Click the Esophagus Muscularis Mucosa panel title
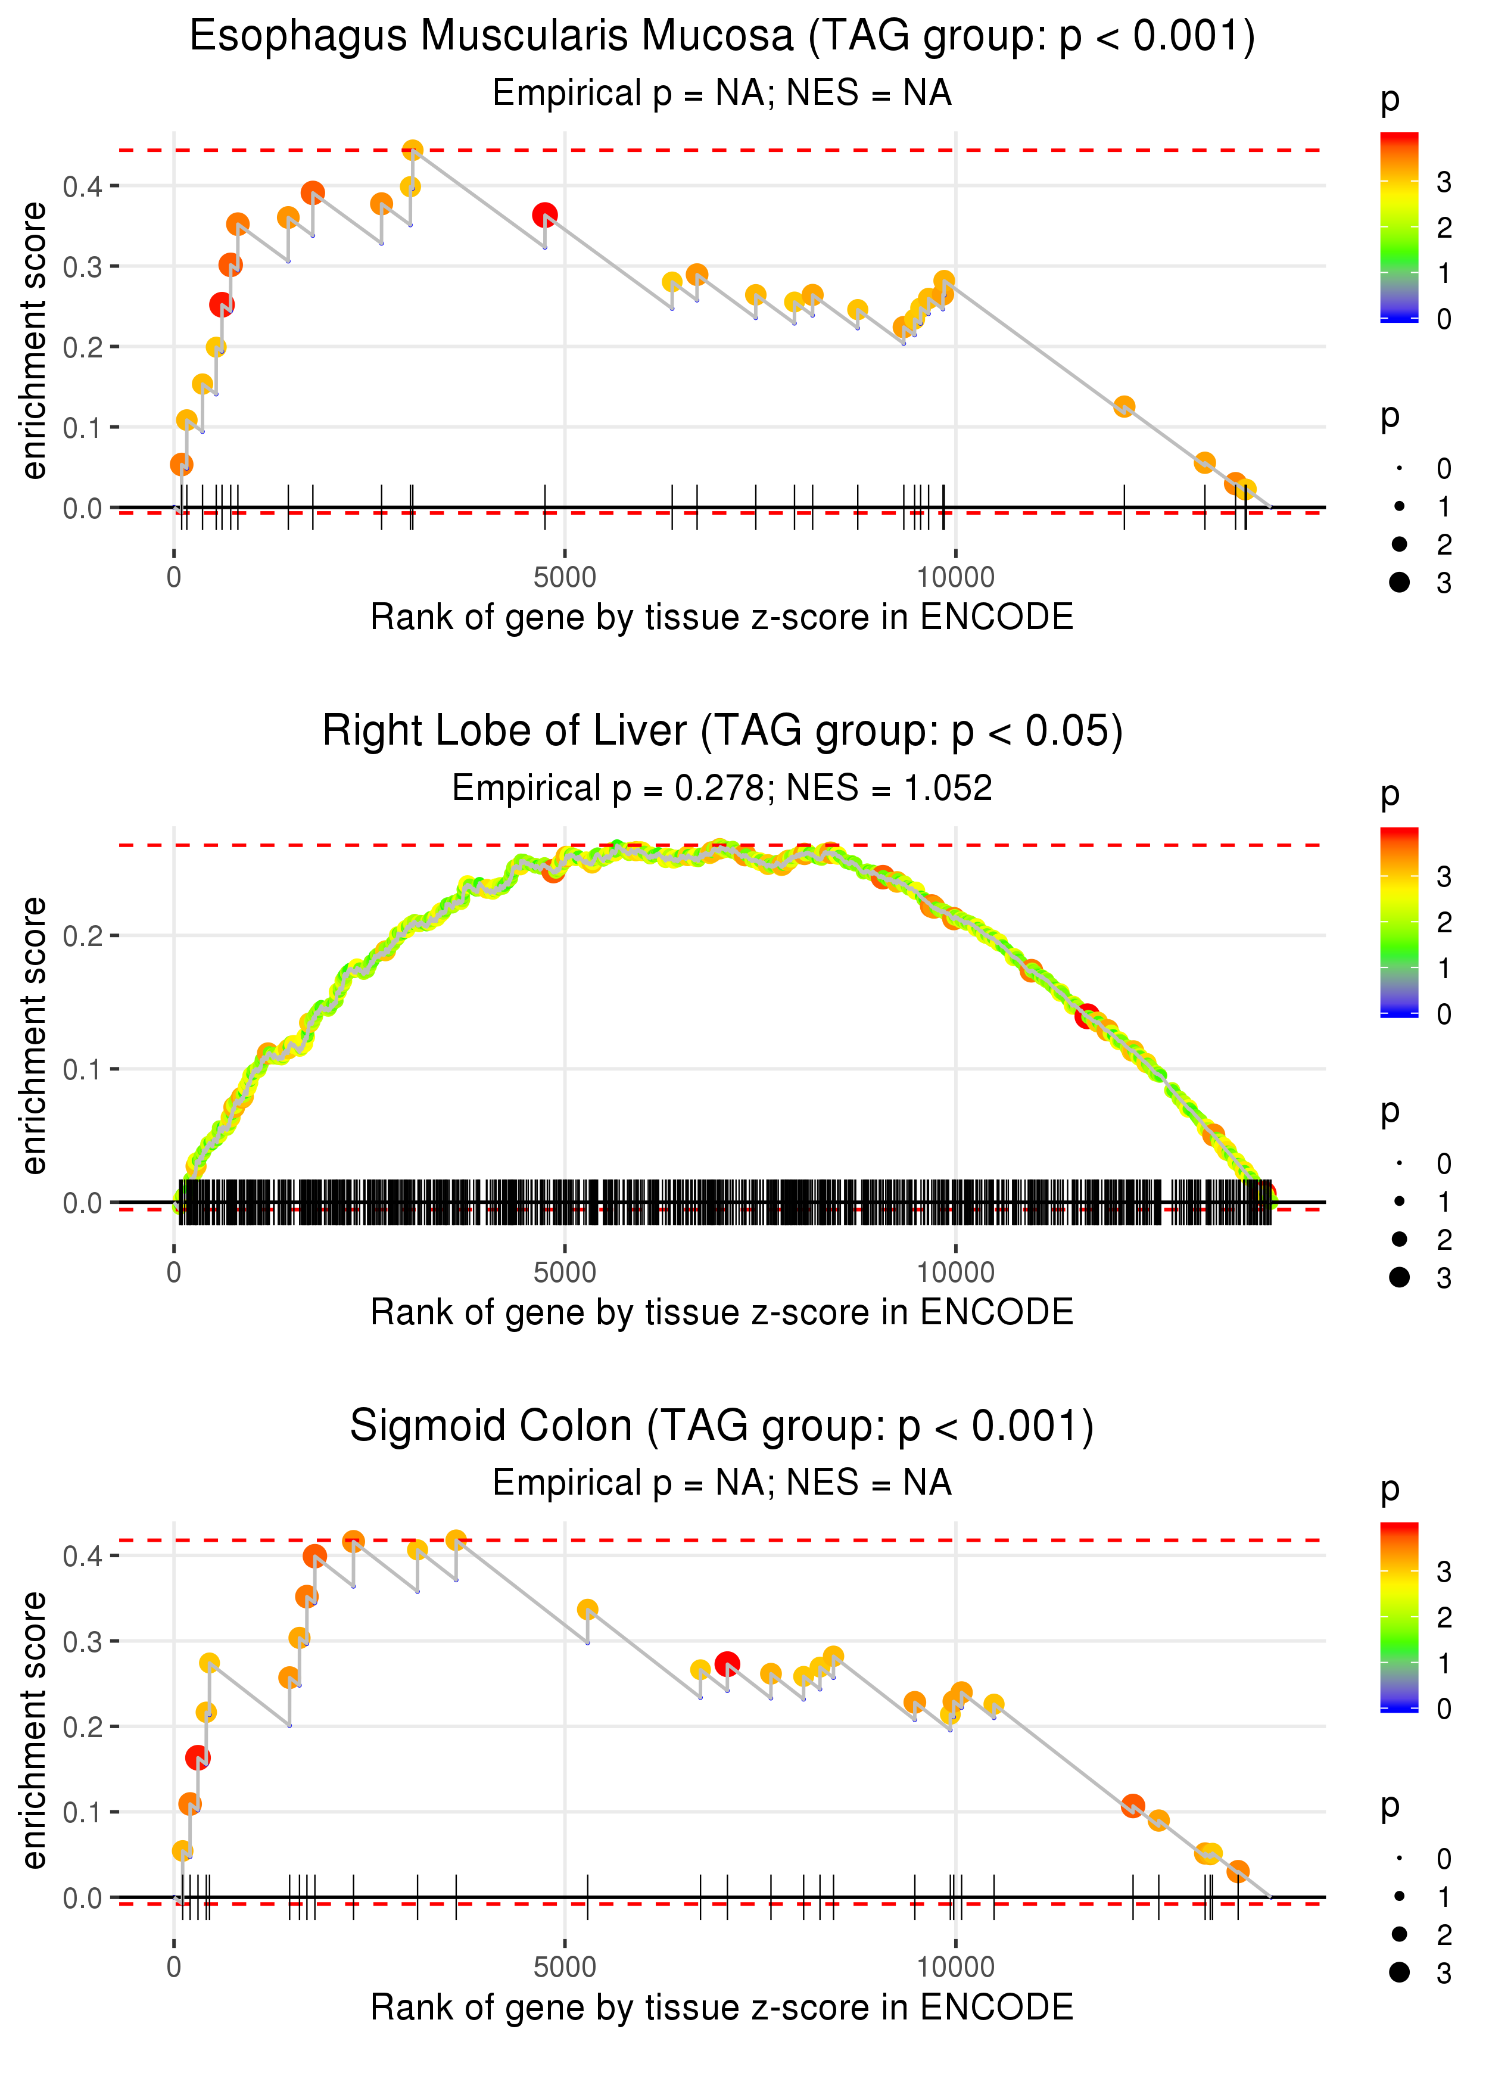(722, 37)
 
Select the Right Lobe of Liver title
(722, 732)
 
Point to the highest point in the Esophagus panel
(413, 150)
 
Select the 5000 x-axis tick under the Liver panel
(565, 1272)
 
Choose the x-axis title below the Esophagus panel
(722, 618)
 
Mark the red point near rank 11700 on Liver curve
(1088, 1016)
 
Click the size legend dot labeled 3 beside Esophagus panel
(1399, 582)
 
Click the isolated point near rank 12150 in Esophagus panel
(1124, 406)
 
